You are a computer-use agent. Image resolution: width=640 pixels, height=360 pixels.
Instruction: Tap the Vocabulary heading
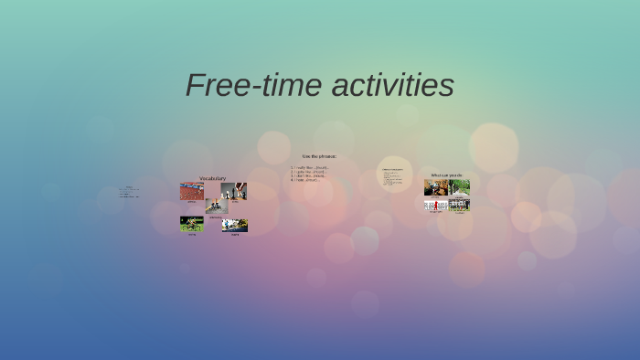[x=212, y=178]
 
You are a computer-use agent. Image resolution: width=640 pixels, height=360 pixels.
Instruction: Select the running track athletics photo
[x=191, y=191]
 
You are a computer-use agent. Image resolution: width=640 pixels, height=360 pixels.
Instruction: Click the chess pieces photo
[x=234, y=191]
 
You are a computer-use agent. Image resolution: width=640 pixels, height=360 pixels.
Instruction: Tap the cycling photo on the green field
[x=191, y=224]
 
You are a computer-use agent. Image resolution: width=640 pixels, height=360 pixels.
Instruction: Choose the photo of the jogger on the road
[x=235, y=225]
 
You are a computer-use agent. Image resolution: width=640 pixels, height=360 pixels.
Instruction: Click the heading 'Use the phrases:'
[x=319, y=156]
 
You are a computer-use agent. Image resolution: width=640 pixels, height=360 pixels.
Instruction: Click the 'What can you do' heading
[x=447, y=175]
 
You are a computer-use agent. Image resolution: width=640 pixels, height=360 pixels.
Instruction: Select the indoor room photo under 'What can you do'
[x=435, y=187]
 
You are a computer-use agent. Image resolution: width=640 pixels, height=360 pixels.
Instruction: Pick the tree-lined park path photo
[x=459, y=187]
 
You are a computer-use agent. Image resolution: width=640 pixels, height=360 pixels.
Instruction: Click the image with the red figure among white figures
[x=435, y=205]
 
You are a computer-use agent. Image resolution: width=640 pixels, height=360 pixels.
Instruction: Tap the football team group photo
[x=459, y=205]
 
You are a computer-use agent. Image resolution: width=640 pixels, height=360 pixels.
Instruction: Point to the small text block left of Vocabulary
[x=128, y=192]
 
